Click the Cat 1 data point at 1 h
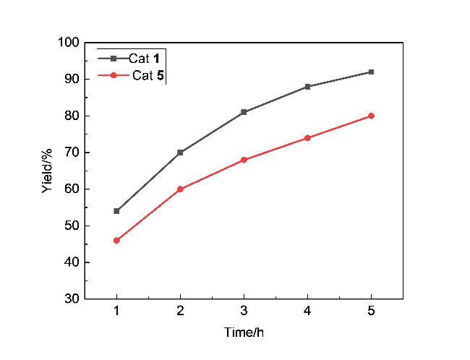pyautogui.click(x=116, y=211)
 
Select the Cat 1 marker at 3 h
pyautogui.click(x=244, y=112)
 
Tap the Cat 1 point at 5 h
pyautogui.click(x=371, y=72)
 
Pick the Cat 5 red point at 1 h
pyautogui.click(x=116, y=240)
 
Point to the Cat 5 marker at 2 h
pyautogui.click(x=180, y=189)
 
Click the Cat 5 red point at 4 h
pyautogui.click(x=307, y=137)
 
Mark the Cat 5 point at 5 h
pyautogui.click(x=371, y=116)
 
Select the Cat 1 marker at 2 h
pyautogui.click(x=180, y=153)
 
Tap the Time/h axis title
pyautogui.click(x=244, y=333)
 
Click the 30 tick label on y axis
pyautogui.click(x=72, y=299)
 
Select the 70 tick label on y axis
pyautogui.click(x=72, y=153)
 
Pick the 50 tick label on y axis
pyautogui.click(x=72, y=226)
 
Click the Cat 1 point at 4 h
pyautogui.click(x=307, y=87)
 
